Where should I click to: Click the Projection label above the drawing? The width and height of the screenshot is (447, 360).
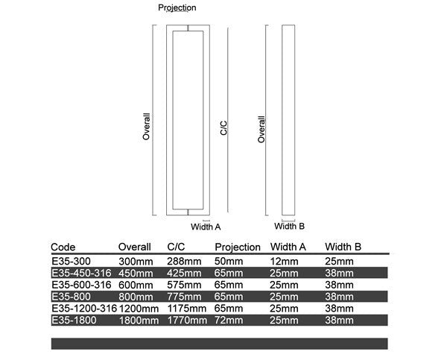click(177, 7)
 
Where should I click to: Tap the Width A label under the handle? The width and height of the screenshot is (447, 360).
click(206, 226)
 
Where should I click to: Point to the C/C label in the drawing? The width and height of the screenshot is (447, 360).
click(223, 127)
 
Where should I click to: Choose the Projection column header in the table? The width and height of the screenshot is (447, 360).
click(238, 247)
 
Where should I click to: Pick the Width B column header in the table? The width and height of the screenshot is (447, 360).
click(343, 247)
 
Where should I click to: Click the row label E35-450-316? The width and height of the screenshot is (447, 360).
click(80, 273)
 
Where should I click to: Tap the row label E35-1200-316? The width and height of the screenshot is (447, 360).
click(83, 308)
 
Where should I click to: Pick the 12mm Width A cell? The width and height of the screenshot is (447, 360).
click(284, 261)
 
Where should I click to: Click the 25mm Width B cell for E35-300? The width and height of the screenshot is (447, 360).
click(339, 261)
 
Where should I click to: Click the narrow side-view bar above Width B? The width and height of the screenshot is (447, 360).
click(288, 119)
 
